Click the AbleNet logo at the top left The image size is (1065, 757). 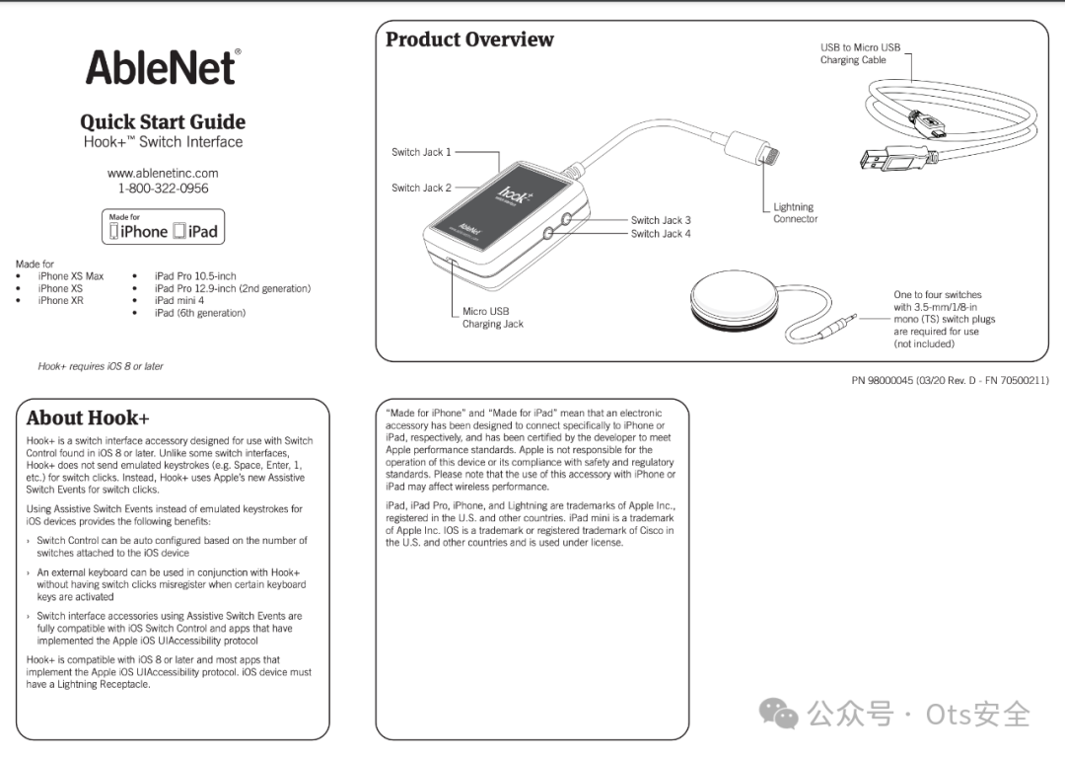point(163,67)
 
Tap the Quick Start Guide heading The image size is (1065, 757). point(163,121)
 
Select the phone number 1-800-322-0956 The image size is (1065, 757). point(163,189)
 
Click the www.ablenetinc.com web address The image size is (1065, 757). point(163,173)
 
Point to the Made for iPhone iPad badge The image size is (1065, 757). point(163,227)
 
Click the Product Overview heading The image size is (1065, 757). point(469,39)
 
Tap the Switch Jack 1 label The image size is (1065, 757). point(421,152)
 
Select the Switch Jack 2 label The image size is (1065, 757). point(421,188)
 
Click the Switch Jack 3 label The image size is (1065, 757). point(661,220)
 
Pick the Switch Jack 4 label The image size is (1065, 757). point(661,234)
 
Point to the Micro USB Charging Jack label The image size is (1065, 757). point(492,318)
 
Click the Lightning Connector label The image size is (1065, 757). point(795,213)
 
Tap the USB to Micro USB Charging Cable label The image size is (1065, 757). point(860,53)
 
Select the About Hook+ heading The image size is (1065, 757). point(88,417)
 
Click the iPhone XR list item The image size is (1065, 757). point(60,301)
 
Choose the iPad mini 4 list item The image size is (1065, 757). point(178,301)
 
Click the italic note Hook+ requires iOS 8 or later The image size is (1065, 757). point(101,366)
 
